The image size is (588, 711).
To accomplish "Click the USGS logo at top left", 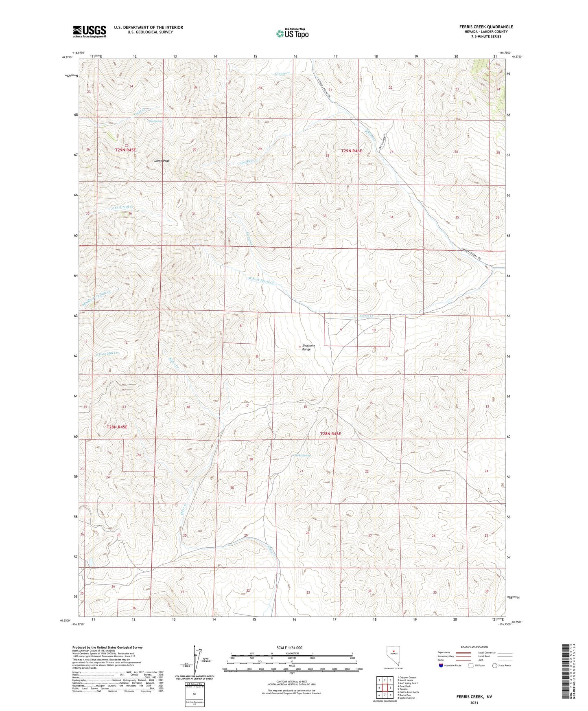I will [90, 31].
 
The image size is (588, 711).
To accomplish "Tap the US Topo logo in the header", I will [292, 33].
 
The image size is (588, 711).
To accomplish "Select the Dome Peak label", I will [162, 161].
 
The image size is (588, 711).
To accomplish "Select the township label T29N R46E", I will [351, 151].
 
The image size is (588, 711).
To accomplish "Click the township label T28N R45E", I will [117, 427].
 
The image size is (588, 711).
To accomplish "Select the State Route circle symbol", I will [494, 665].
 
